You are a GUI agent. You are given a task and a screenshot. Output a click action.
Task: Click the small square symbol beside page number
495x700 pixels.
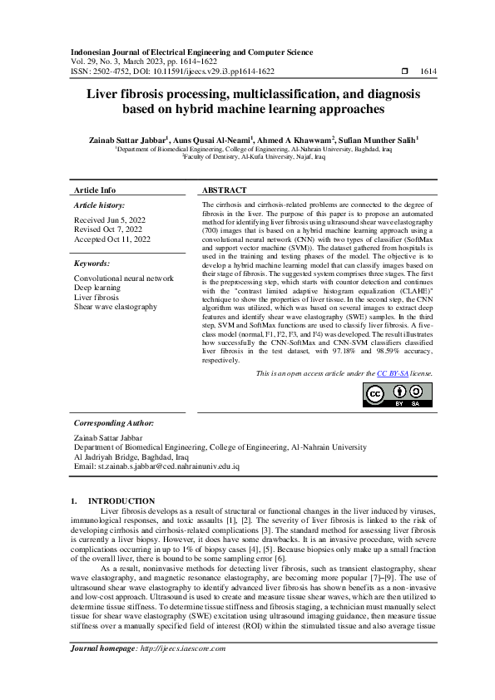[x=404, y=73]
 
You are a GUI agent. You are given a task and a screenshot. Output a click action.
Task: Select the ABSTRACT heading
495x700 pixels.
[x=224, y=190]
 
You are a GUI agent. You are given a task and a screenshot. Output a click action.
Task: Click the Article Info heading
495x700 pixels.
[x=95, y=190]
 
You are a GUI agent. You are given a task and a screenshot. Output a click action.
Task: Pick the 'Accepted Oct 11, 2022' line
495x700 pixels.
[x=112, y=239]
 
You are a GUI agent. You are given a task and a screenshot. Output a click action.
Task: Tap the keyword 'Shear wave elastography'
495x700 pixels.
[x=116, y=307]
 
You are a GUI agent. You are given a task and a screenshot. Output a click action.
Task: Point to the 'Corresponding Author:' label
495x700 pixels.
[x=110, y=422]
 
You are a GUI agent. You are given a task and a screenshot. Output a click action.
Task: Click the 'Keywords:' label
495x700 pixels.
[x=93, y=264]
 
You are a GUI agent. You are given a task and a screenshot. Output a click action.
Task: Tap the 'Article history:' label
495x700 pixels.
[x=100, y=205]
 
